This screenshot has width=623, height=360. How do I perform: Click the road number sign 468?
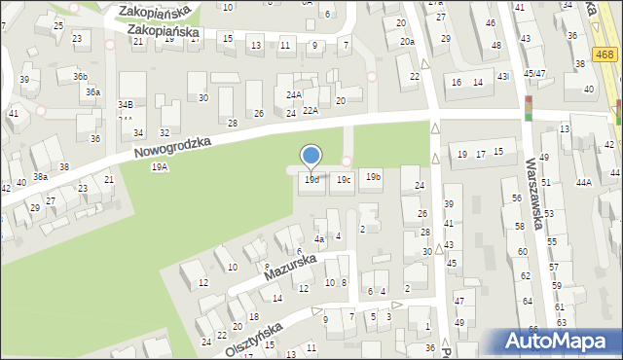(605, 56)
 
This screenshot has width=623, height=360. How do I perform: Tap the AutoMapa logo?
(560, 342)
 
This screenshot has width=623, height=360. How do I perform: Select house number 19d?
(311, 180)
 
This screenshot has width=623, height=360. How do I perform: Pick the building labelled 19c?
(343, 179)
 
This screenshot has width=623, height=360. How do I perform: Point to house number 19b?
(373, 177)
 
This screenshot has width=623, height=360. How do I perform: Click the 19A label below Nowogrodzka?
(160, 167)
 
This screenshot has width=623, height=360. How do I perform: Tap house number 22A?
(310, 110)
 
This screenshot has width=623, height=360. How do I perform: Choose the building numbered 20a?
(407, 42)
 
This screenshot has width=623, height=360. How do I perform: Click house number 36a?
(92, 92)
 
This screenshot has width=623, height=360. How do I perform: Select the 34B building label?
(126, 104)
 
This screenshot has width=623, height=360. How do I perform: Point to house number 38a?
(40, 177)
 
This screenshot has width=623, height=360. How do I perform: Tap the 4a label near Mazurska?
(318, 239)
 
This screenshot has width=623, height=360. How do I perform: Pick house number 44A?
(583, 182)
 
